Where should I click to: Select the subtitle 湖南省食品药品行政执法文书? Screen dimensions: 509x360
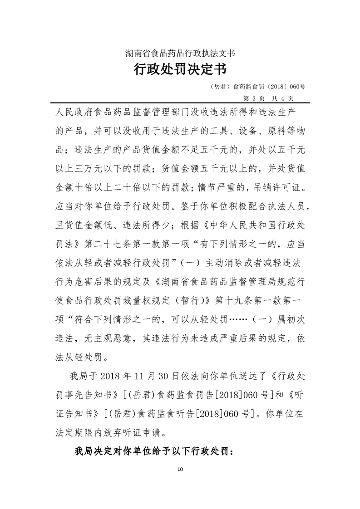click(180, 54)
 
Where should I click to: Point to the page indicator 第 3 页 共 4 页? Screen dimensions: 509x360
click(269, 98)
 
